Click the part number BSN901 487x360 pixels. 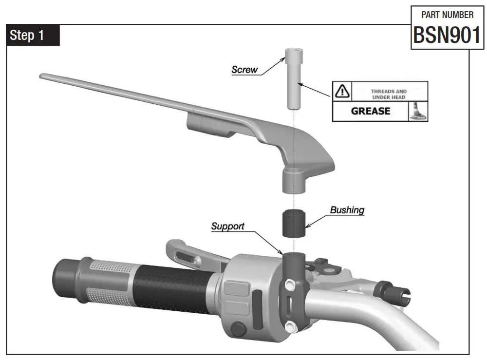[x=447, y=35]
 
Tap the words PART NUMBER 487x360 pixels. [x=447, y=15]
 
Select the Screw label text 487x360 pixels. [x=244, y=70]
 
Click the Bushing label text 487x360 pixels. [x=347, y=210]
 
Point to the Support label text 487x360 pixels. [x=227, y=227]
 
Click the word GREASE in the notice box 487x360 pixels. [x=371, y=111]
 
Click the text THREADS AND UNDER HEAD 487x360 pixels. [x=389, y=94]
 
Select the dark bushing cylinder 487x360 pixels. [x=294, y=223]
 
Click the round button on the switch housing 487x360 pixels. [x=239, y=329]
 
